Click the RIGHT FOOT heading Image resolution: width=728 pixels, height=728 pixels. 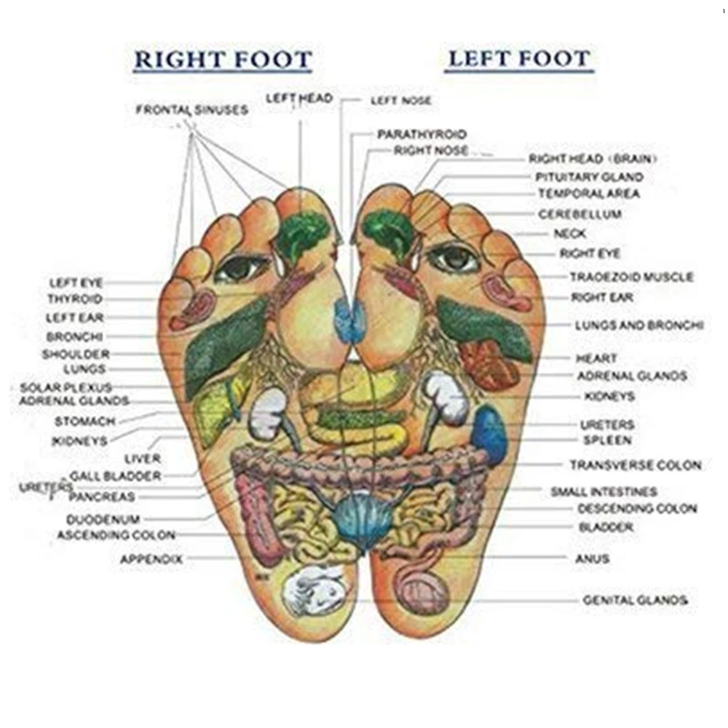(223, 60)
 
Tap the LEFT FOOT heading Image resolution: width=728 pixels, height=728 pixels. (518, 59)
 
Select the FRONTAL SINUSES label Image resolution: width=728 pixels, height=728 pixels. (191, 110)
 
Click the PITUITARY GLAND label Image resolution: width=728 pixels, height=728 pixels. (590, 177)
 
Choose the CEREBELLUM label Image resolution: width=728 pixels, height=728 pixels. (579, 215)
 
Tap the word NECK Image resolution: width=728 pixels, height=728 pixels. (569, 234)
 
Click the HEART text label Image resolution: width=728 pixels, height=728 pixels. (596, 358)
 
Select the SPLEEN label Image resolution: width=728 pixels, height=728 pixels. (607, 440)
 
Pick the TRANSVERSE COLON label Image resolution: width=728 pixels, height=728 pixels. (636, 465)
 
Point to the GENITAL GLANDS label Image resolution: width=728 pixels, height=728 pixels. (635, 601)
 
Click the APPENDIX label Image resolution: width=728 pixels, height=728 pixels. (151, 560)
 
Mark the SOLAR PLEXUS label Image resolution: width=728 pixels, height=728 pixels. (66, 388)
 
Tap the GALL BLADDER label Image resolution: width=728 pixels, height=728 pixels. (116, 476)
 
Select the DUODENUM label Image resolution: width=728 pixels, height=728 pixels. (103, 520)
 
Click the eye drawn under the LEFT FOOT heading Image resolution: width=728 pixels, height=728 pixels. (452, 257)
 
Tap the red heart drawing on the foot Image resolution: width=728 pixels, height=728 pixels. (488, 365)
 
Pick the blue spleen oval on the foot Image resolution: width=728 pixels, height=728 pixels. (489, 436)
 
